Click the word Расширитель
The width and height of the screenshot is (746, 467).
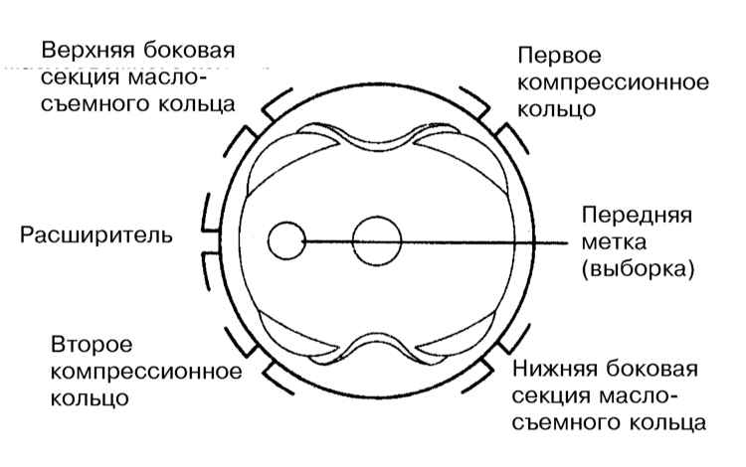pos(95,235)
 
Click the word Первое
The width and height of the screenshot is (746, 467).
pos(559,55)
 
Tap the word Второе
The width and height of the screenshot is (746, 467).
pos(92,345)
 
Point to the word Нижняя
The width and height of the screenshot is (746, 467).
pos(558,370)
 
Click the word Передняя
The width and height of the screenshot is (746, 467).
pos(637,215)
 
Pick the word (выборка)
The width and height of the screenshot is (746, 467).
pos(638,269)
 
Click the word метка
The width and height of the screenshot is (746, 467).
pos(614,242)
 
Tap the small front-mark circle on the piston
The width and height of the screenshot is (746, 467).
pos(286,240)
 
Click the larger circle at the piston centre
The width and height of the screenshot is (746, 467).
pos(376,240)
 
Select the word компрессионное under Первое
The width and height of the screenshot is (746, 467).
pos(613,82)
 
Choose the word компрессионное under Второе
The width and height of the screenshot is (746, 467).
pos(146,372)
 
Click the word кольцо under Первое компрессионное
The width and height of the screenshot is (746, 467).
pos(556,109)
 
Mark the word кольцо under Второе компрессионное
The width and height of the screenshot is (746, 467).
pos(90,398)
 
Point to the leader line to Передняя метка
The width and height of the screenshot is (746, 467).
pos(436,242)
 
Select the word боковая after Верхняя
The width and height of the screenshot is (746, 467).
pos(189,50)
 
